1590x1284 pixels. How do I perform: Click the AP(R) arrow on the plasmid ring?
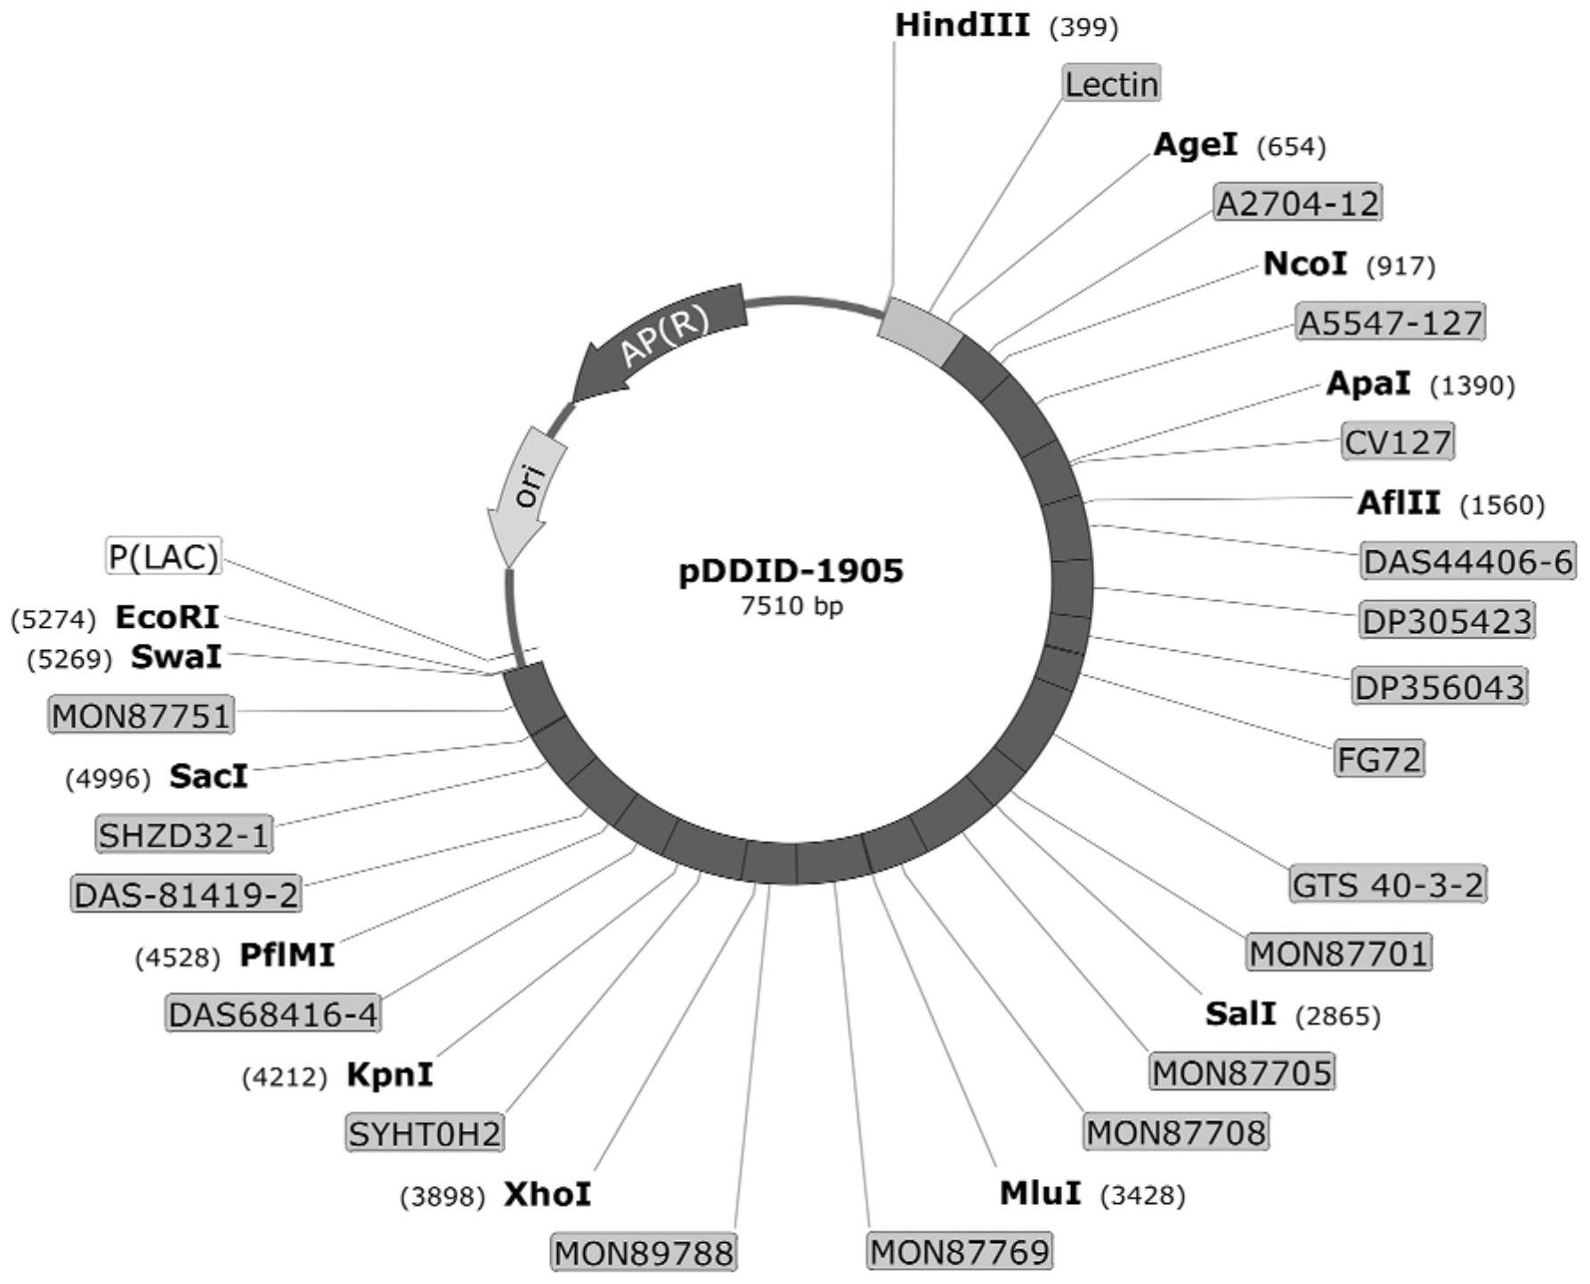click(x=663, y=339)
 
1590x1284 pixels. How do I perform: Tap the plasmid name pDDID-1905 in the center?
click(x=791, y=571)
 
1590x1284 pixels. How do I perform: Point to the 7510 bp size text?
click(x=791, y=606)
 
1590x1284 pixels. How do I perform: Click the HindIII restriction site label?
click(x=961, y=26)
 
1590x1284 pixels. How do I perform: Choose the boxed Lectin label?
click(x=1112, y=85)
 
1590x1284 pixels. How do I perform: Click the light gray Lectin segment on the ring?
click(x=920, y=330)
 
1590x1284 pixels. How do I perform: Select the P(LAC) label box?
click(x=163, y=557)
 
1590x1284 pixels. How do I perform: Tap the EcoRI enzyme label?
click(x=166, y=616)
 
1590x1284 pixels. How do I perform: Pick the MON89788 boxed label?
click(x=644, y=1253)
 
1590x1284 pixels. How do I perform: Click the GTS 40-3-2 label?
click(x=1387, y=885)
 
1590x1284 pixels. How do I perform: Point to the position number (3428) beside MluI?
click(x=1143, y=1195)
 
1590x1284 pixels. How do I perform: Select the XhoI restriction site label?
click(x=548, y=1194)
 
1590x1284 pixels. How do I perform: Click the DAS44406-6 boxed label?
click(x=1467, y=562)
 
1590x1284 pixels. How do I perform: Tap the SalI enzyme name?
click(x=1240, y=1013)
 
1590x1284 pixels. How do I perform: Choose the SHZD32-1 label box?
click(x=183, y=835)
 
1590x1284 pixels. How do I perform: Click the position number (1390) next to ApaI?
click(x=1472, y=386)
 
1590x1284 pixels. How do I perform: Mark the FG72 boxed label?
click(x=1379, y=759)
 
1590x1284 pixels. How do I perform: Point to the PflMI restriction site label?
click(x=287, y=955)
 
